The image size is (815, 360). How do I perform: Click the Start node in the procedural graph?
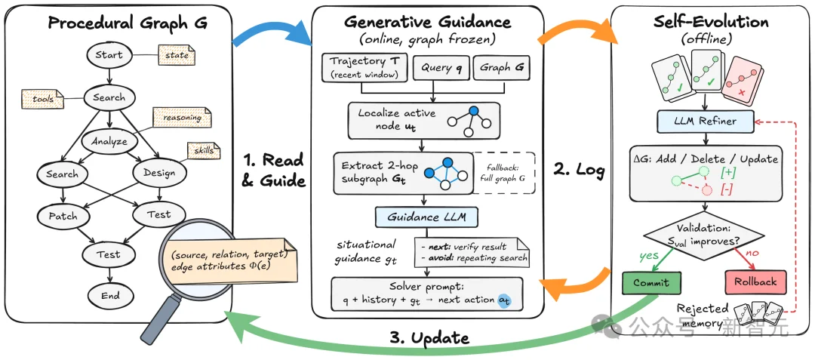(x=109, y=54)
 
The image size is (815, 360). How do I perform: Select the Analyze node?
(x=109, y=141)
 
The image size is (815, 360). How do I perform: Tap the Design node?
(x=158, y=173)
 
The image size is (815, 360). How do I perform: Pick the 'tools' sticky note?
(x=42, y=99)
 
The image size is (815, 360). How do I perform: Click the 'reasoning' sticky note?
(x=182, y=118)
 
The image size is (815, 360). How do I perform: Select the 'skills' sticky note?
(x=203, y=150)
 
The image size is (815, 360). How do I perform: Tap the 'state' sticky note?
(x=176, y=54)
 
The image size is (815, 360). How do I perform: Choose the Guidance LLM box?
(x=426, y=217)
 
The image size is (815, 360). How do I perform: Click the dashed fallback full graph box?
(x=503, y=174)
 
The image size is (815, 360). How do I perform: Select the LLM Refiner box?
(x=706, y=122)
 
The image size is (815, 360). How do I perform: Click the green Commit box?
(x=650, y=282)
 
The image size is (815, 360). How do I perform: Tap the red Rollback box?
(x=755, y=282)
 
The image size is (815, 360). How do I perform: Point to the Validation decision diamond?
(x=705, y=235)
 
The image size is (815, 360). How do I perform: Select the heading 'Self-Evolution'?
(x=711, y=22)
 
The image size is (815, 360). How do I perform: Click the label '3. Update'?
(x=429, y=338)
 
